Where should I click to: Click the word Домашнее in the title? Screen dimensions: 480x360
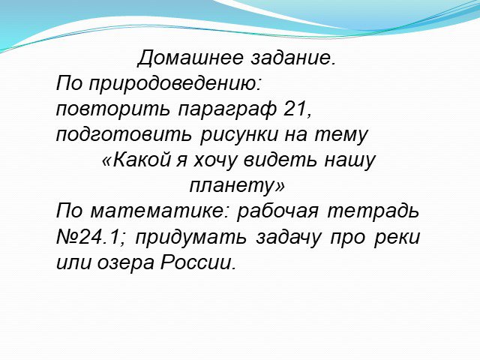click(190, 57)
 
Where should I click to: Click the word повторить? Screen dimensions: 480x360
click(112, 109)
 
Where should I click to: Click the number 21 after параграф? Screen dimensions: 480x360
click(295, 108)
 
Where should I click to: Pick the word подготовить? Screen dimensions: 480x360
click(124, 135)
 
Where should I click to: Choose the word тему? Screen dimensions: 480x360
click(341, 136)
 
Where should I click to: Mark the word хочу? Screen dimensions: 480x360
click(215, 161)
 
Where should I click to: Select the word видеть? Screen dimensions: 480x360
click(280, 160)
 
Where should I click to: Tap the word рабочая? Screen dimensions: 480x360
click(277, 211)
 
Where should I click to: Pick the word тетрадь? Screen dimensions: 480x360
click(373, 211)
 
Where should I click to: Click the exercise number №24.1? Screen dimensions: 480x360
click(88, 237)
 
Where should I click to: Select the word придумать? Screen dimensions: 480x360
click(190, 238)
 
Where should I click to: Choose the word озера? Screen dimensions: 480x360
click(125, 263)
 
